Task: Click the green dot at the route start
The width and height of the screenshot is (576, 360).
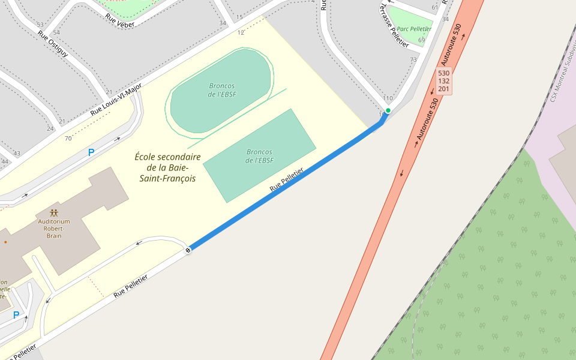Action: pos(388,110)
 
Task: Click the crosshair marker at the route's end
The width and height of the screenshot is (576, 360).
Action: pos(188,250)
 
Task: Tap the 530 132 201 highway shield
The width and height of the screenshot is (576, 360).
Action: pos(444,81)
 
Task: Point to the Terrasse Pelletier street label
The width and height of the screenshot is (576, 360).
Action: pos(394,26)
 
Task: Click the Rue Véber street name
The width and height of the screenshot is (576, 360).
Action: pos(119,20)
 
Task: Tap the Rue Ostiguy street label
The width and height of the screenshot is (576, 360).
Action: pos(53,44)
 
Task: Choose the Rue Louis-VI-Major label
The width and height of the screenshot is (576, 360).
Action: pos(116,100)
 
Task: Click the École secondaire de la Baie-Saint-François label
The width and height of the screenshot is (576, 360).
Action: pos(167,167)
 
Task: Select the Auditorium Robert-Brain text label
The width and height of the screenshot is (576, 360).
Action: pos(54,229)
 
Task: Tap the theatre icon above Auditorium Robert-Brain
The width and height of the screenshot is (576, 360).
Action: pos(54,213)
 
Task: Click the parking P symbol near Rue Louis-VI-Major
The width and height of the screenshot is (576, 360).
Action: pos(91,152)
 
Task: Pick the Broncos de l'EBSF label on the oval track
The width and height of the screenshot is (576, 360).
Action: pos(221,90)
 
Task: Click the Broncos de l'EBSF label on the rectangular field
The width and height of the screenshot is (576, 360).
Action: pos(259,156)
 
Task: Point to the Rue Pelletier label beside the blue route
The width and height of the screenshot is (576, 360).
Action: pos(286,179)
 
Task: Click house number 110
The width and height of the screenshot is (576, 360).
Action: pos(388,98)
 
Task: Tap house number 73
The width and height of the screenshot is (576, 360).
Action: pos(413,60)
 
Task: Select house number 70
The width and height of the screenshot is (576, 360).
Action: pos(68,139)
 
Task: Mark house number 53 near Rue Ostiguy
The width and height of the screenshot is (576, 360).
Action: pos(40,25)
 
